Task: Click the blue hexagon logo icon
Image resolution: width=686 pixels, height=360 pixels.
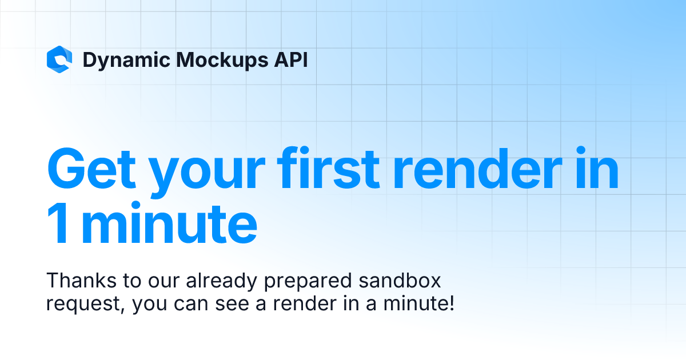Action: (x=59, y=59)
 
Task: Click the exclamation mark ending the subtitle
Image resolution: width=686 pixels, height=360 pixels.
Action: (x=452, y=302)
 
